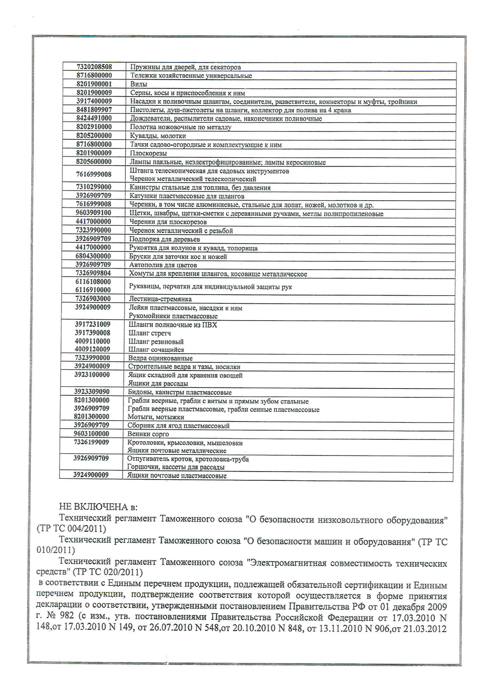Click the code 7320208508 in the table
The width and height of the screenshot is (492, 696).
tap(94, 67)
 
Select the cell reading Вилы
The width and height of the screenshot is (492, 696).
tap(138, 84)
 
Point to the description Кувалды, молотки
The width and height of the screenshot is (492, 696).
tap(158, 136)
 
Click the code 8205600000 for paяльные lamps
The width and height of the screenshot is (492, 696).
tap(93, 162)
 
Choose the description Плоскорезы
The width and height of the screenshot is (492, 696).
tap(148, 153)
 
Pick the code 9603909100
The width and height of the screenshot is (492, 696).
tap(93, 213)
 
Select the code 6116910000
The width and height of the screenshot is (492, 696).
tap(93, 290)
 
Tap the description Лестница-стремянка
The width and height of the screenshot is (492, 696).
tap(160, 299)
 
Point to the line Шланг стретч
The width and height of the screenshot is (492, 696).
tap(149, 333)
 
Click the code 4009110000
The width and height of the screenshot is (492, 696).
tap(93, 341)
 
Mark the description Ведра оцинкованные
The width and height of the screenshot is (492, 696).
tap(160, 358)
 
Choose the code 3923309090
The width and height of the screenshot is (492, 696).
tap(92, 392)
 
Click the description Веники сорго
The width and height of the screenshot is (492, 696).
tap(148, 434)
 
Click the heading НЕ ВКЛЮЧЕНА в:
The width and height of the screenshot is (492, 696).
tap(98, 507)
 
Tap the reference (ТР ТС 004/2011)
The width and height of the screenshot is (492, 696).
tap(71, 529)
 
